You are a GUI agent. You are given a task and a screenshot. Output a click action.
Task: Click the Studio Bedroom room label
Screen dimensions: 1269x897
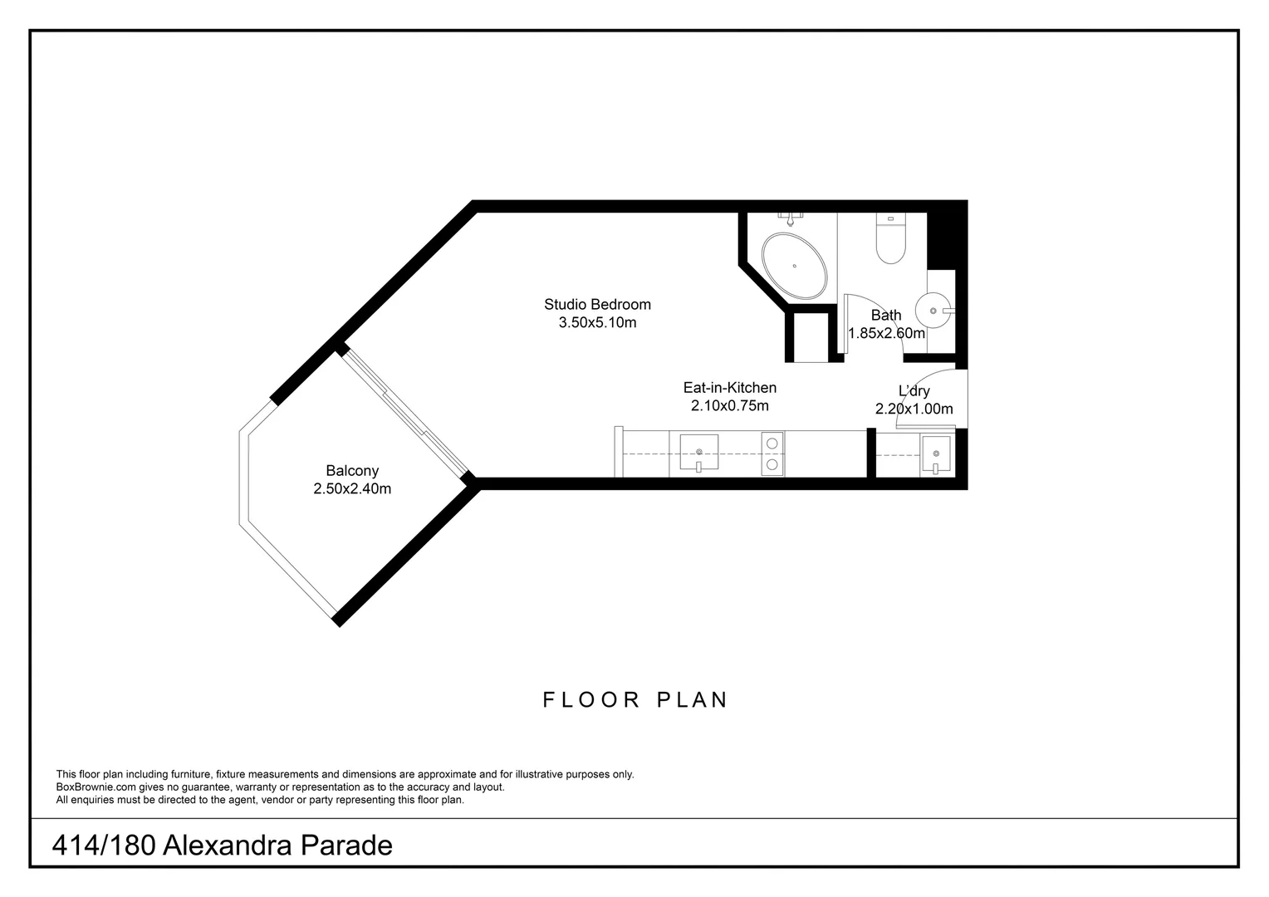pos(597,304)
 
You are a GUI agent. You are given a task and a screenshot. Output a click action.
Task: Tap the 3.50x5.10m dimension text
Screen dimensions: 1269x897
pos(597,322)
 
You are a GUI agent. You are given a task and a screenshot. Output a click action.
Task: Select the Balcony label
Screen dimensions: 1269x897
pos(352,471)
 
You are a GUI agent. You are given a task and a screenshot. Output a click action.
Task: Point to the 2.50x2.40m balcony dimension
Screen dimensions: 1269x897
pos(352,488)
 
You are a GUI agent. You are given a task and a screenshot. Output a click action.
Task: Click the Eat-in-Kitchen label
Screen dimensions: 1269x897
pos(730,388)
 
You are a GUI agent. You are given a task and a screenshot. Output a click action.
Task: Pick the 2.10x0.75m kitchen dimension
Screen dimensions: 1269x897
pos(730,405)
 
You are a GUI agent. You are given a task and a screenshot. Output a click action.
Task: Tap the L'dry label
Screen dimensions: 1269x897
pos(914,391)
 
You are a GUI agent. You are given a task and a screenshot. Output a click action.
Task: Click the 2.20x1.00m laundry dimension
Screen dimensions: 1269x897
pos(914,409)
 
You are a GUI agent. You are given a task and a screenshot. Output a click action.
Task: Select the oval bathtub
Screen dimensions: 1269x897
pos(794,266)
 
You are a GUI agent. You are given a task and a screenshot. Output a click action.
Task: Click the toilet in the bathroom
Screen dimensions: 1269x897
pos(890,238)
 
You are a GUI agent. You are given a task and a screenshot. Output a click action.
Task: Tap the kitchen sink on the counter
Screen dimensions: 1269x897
pos(699,453)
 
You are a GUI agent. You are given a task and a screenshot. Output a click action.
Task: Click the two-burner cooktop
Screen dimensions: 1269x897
pos(772,453)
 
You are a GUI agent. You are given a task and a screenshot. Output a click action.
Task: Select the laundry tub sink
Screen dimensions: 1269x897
pos(936,453)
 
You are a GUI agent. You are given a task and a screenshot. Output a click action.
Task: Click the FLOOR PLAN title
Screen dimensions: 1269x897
pos(635,700)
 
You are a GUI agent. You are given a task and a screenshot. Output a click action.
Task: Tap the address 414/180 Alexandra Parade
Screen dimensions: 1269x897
pos(222,846)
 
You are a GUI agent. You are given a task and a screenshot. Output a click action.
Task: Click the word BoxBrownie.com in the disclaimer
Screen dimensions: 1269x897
pos(96,787)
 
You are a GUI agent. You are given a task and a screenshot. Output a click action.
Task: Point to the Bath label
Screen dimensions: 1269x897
pos(886,315)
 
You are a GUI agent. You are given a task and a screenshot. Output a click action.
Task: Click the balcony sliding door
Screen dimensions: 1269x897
pos(405,414)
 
